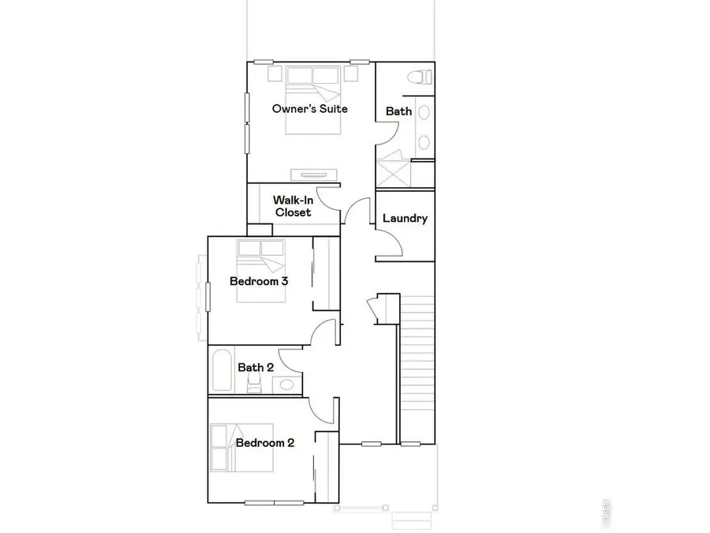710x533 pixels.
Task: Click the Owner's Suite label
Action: tap(310, 108)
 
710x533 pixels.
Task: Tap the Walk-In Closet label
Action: tap(293, 206)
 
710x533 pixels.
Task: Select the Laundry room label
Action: tap(405, 218)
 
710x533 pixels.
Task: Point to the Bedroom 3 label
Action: tap(258, 281)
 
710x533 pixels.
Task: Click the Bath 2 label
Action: tap(256, 367)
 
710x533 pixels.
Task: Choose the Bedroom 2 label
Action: tap(265, 443)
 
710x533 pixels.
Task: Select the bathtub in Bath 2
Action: tap(221, 370)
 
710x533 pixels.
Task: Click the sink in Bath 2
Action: tap(286, 385)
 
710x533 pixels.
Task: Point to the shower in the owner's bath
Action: tap(392, 173)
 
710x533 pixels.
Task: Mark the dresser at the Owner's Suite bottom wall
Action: tap(314, 174)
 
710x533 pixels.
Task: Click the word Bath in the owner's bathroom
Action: tap(398, 111)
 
